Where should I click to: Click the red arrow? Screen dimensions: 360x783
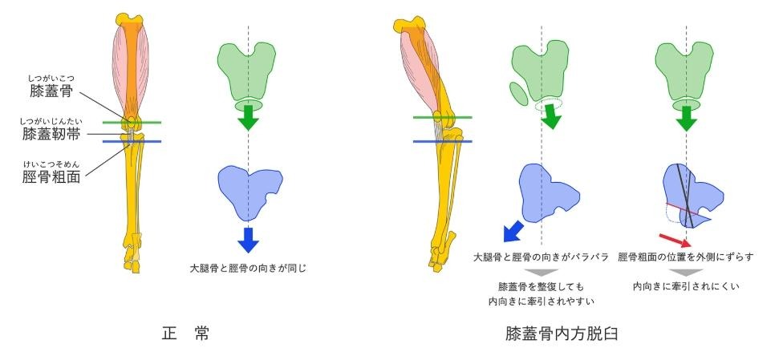(673, 241)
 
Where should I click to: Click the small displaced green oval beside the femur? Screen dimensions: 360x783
(518, 93)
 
